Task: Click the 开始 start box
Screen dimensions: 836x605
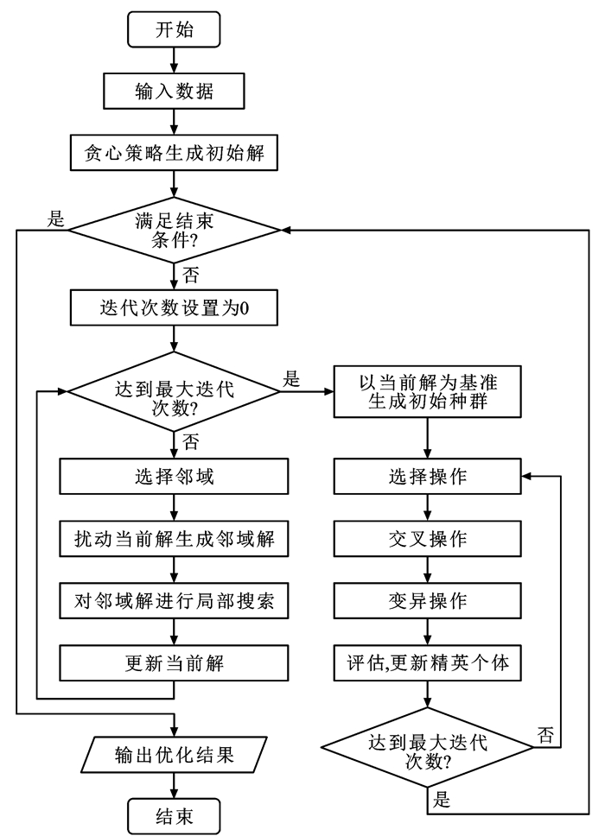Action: (175, 31)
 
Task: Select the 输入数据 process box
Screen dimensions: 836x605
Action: (175, 88)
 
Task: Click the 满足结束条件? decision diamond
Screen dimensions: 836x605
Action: (175, 230)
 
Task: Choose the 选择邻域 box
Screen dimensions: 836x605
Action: (175, 476)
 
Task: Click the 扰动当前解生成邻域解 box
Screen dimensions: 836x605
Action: (175, 539)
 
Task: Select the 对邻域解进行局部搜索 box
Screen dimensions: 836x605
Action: (175, 602)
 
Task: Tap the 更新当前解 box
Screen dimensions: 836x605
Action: (175, 664)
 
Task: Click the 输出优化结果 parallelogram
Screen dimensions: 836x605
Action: (175, 755)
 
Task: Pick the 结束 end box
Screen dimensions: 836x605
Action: (175, 813)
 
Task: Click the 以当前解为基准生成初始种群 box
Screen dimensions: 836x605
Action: (430, 393)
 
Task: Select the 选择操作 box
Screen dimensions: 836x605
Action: (430, 476)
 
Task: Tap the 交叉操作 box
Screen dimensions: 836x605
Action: (430, 539)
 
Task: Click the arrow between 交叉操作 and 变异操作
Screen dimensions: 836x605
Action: (430, 570)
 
